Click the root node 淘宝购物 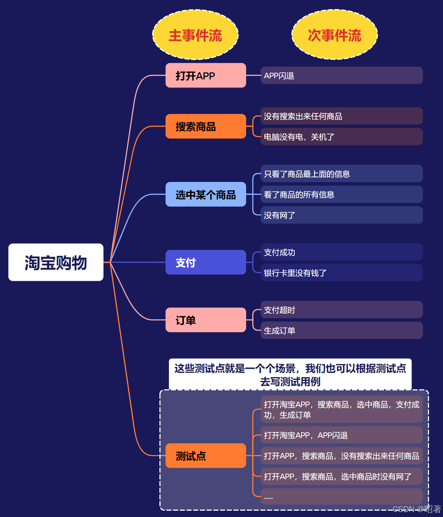(x=56, y=262)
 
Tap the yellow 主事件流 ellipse (x=195, y=35)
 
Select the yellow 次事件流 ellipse (x=335, y=35)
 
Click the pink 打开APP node (x=206, y=76)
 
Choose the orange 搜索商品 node (x=206, y=126)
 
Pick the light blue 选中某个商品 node (x=206, y=194)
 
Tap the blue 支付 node (x=206, y=262)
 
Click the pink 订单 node (x=206, y=320)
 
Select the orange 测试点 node (x=206, y=456)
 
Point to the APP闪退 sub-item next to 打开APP (x=341, y=76)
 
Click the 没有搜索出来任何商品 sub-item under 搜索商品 (x=341, y=116)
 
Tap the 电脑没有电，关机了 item (x=341, y=137)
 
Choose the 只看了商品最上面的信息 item (x=341, y=174)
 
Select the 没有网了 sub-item (x=341, y=215)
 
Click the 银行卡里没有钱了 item (x=341, y=273)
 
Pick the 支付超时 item (x=341, y=310)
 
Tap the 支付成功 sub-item (x=341, y=252)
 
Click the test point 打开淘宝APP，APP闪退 (x=341, y=435)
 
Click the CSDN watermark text (x=417, y=509)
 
